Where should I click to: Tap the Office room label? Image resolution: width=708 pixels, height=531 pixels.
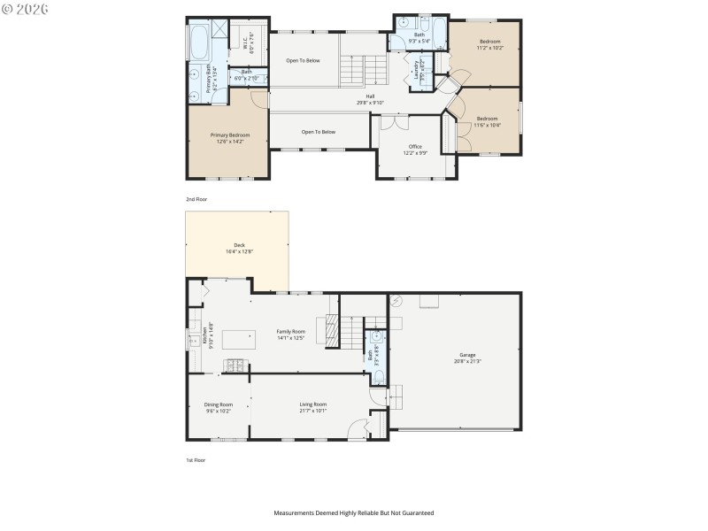[x=415, y=146]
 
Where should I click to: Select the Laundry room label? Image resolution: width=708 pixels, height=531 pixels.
[x=416, y=69]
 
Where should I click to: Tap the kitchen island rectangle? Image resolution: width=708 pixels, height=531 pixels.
[x=239, y=337]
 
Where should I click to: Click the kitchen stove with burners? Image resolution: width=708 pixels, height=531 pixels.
[x=237, y=365]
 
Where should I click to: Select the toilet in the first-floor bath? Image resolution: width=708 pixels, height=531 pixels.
[x=378, y=378]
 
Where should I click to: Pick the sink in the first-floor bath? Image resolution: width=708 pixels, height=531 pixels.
[x=377, y=336]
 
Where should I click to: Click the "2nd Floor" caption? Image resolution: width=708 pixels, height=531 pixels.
[x=196, y=200]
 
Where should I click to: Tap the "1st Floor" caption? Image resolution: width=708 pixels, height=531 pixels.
[x=196, y=460]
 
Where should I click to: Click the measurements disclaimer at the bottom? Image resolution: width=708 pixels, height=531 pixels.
[x=353, y=512]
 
